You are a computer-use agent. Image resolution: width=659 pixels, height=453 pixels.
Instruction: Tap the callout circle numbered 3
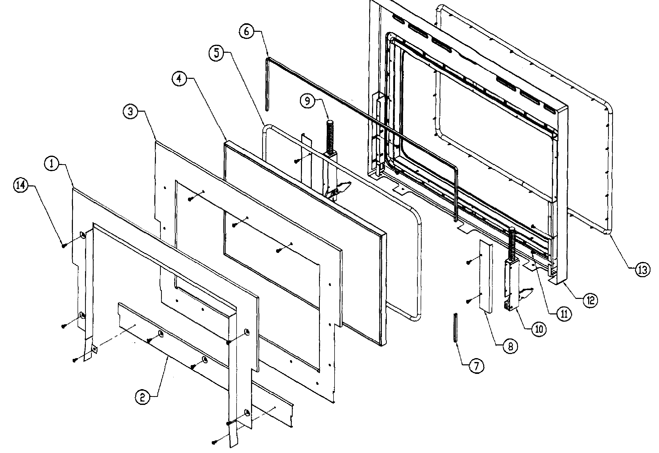click(130, 111)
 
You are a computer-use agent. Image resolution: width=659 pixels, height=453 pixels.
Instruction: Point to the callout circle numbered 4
click(179, 78)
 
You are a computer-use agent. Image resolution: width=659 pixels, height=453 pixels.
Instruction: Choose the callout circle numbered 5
click(217, 53)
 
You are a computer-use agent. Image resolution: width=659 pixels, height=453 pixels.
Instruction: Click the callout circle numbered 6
click(246, 31)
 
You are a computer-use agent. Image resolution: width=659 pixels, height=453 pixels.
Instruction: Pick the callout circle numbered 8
click(510, 346)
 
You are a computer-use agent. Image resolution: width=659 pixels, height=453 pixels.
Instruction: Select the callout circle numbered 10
click(539, 329)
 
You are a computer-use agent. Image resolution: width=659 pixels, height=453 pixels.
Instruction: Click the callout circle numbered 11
click(563, 314)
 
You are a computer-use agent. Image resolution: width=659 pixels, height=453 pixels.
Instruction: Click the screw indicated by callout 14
click(64, 246)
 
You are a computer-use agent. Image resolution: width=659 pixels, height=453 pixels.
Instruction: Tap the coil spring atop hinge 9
click(330, 136)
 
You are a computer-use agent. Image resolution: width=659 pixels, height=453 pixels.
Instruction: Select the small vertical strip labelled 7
click(456, 328)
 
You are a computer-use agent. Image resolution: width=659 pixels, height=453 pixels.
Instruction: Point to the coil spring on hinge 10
click(513, 244)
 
